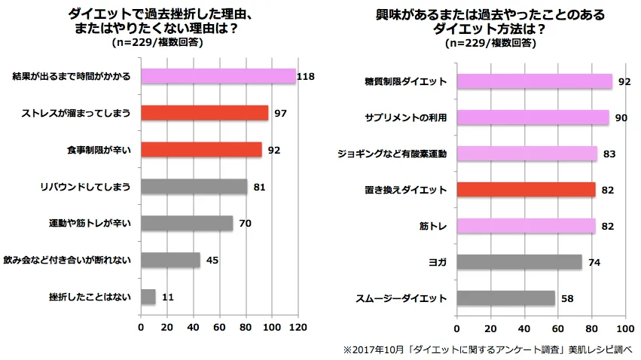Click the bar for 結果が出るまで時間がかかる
click(x=218, y=76)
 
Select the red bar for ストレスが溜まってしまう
click(x=204, y=113)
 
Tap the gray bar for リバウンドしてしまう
click(x=194, y=186)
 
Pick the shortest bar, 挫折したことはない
click(x=148, y=297)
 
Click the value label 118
click(x=305, y=76)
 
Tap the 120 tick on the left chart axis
click(x=298, y=328)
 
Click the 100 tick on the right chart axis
click(x=625, y=328)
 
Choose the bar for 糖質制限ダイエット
click(x=535, y=81)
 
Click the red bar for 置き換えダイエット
click(x=526, y=189)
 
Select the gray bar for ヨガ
click(x=520, y=262)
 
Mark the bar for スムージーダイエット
click(x=506, y=298)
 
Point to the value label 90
click(x=622, y=117)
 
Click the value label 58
click(x=569, y=298)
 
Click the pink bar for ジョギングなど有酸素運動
click(x=527, y=154)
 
